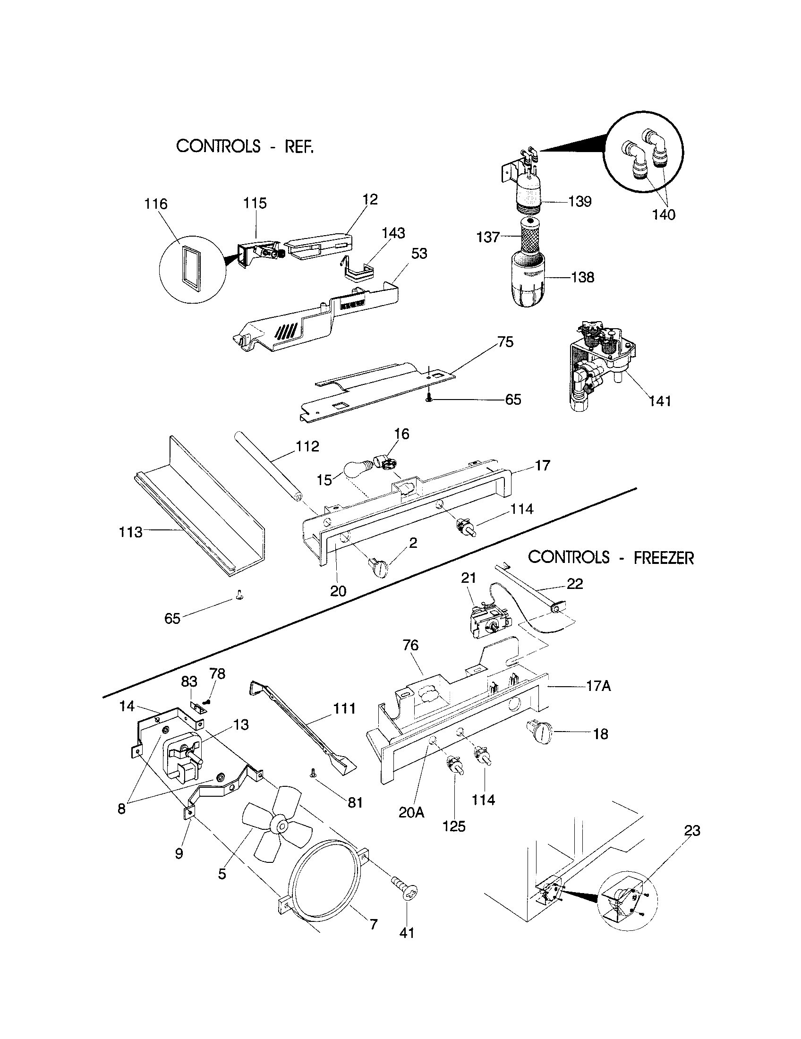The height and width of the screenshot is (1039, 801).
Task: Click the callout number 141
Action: point(660,401)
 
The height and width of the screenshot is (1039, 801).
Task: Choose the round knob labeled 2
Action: point(378,568)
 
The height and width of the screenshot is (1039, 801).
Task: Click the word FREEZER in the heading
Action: point(664,558)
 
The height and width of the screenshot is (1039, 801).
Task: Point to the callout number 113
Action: point(130,531)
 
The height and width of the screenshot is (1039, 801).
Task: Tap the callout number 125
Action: point(454,826)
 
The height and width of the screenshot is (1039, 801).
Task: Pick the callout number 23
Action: point(692,831)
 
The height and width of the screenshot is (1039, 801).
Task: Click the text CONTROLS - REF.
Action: point(245,146)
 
